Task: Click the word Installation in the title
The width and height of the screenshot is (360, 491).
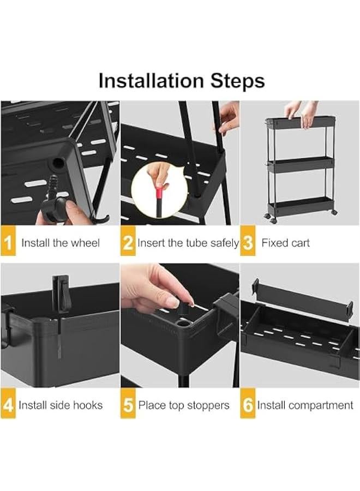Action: [x=151, y=81]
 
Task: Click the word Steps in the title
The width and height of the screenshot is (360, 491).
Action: [x=238, y=81]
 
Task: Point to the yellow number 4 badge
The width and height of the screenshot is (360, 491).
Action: [x=8, y=404]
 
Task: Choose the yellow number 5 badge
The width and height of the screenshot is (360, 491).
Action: [x=128, y=404]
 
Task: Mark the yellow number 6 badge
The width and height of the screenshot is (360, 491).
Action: [x=248, y=404]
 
